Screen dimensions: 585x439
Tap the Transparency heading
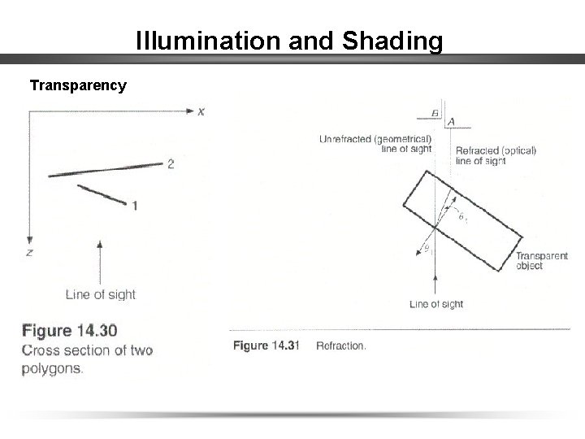[x=78, y=85]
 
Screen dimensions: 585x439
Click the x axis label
[x=201, y=111]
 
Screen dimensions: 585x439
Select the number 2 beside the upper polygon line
[x=171, y=164]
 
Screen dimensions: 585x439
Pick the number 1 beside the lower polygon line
[x=134, y=206]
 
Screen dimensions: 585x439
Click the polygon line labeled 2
[x=106, y=170]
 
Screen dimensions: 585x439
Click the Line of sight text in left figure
[x=101, y=294]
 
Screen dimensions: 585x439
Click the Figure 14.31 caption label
[x=266, y=346]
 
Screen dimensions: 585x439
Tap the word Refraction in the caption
[x=341, y=346]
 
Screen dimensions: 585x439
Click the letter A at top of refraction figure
[x=451, y=123]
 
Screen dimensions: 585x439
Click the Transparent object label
[x=542, y=260]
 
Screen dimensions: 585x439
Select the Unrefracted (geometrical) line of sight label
[x=375, y=143]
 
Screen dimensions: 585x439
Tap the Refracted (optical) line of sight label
[x=496, y=155]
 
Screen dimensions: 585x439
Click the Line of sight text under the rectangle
[x=436, y=304]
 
